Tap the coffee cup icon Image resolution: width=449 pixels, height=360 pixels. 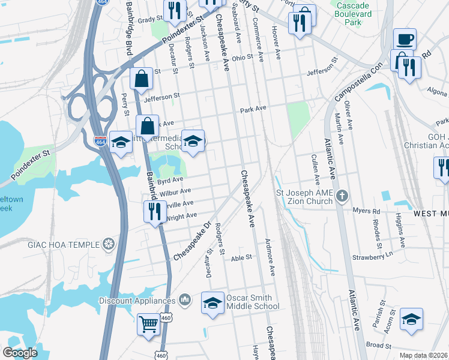tap(405, 39)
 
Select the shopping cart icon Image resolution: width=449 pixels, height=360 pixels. tap(148, 324)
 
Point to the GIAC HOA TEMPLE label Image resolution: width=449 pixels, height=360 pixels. tap(64, 244)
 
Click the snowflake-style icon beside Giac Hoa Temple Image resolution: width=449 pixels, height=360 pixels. tap(108, 244)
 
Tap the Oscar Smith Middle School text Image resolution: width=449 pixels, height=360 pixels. tap(252, 302)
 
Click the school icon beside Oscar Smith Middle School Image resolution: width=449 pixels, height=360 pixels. tap(212, 304)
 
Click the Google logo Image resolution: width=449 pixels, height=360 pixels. tap(20, 353)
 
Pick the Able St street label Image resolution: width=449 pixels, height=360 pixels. tap(240, 257)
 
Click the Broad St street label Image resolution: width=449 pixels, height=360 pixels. tap(379, 346)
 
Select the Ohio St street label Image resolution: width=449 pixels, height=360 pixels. tap(243, 58)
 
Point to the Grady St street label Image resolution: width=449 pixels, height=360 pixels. tap(146, 20)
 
